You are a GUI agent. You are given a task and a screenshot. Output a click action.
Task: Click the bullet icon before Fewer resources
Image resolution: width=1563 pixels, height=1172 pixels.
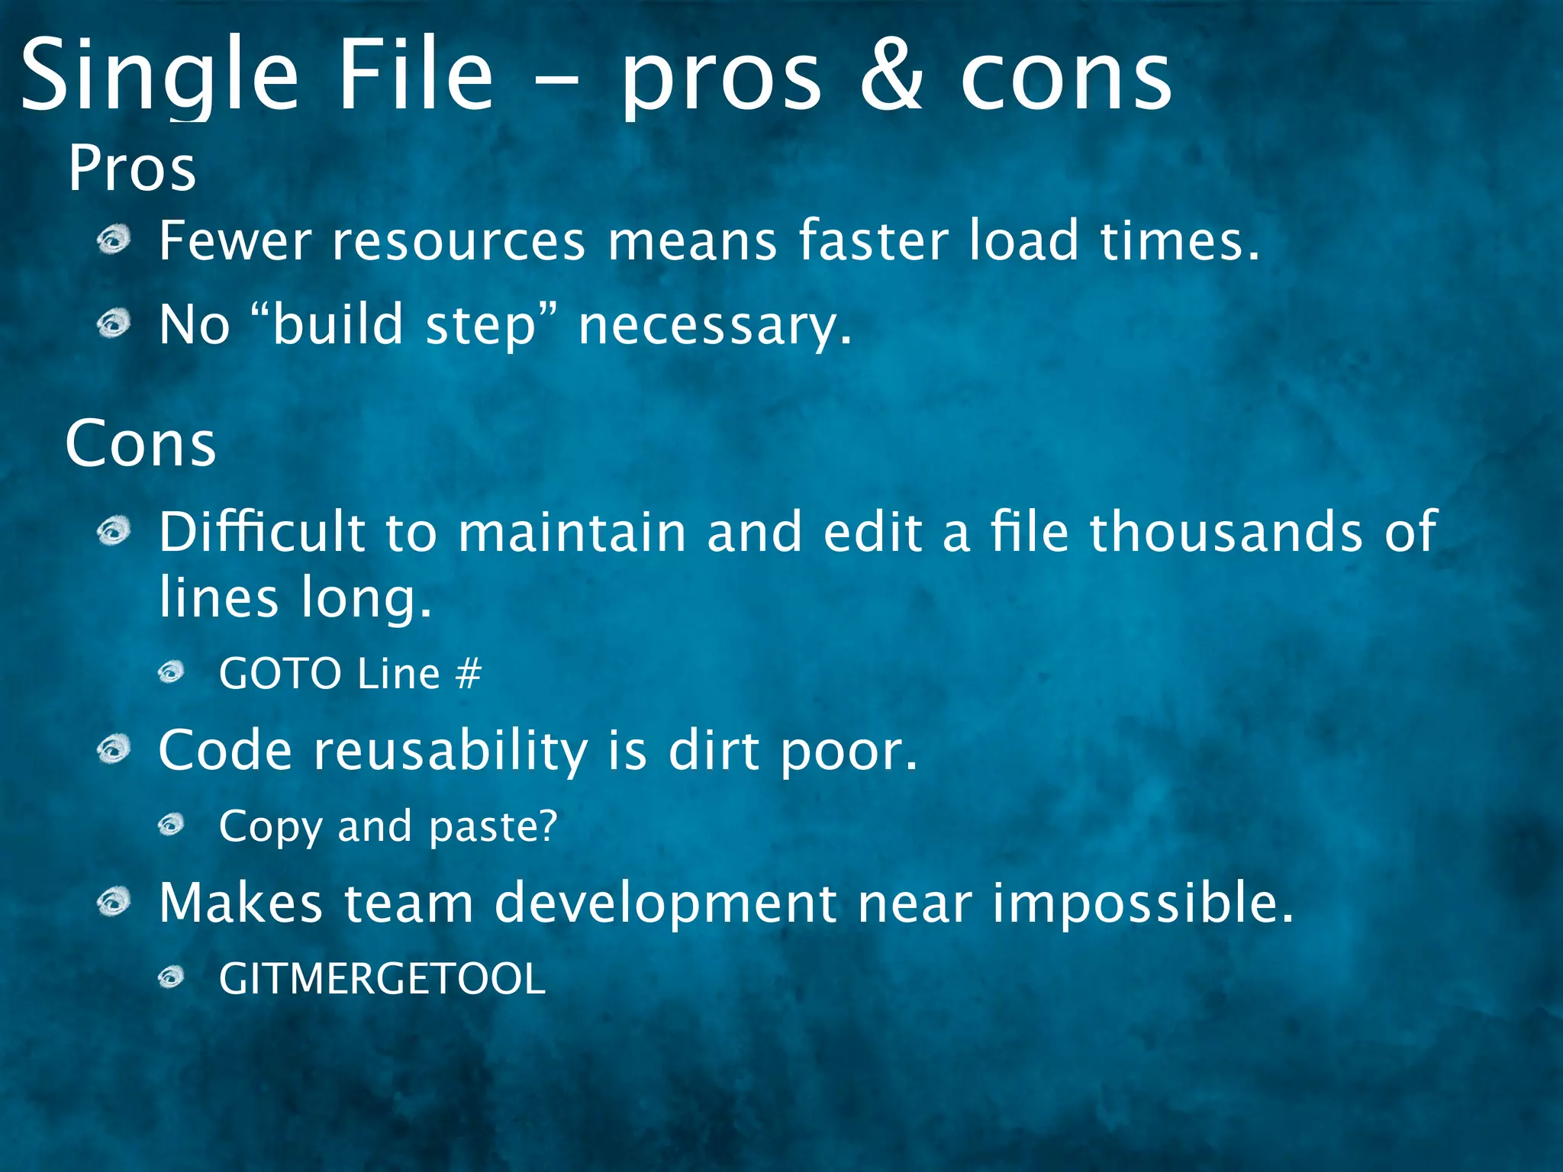[114, 241]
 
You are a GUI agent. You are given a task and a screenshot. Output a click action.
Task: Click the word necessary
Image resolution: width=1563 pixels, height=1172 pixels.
[714, 326]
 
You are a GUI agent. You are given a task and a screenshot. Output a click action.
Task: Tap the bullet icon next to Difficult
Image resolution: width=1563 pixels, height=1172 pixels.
[114, 531]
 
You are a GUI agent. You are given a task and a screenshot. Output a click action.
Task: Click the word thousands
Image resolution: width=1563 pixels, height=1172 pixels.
[1226, 531]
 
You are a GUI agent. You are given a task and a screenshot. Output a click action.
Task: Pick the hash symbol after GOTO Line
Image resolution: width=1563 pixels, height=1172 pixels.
[468, 674]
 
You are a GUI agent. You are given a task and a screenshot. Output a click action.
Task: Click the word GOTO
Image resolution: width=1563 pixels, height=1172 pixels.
[279, 674]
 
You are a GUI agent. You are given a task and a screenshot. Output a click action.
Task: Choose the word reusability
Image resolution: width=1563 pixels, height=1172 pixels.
[450, 751]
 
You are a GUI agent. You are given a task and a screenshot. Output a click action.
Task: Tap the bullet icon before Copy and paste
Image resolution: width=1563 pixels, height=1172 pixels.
[172, 825]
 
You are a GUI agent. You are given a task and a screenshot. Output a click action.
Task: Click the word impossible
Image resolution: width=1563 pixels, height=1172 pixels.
[1142, 903]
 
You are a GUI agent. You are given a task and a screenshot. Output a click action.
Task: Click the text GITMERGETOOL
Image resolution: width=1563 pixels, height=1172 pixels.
[382, 979]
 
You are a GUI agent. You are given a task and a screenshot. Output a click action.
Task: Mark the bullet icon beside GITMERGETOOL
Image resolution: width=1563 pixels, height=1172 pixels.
[172, 977]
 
